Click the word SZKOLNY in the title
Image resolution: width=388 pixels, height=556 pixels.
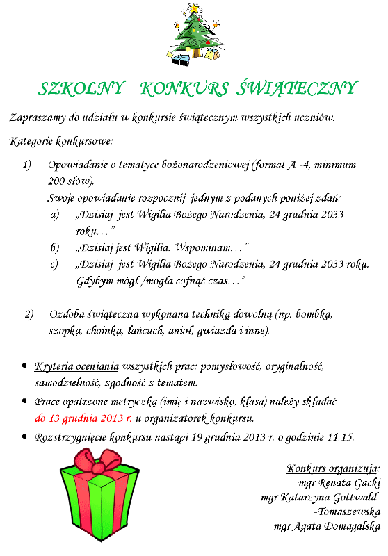pos(81,88)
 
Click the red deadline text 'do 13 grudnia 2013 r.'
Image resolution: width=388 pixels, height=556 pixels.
pos(83,418)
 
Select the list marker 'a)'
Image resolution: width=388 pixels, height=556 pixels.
pos(55,215)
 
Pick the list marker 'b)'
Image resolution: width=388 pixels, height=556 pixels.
pos(55,247)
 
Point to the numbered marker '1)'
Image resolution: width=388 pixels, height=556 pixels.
pos(27,165)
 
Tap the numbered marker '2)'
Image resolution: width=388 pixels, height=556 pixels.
pos(29,314)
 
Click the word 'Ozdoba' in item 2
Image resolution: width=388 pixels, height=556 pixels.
pos(67,314)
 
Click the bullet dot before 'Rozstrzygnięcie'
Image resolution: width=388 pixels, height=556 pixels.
pos(25,437)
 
